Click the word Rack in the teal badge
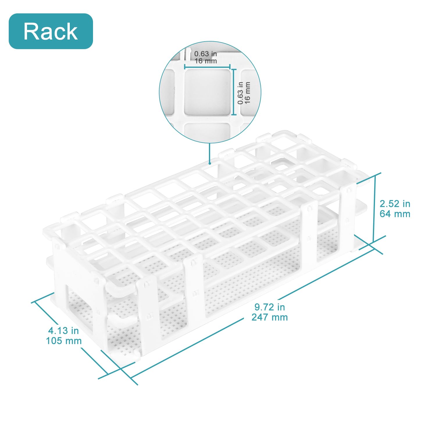point(51,31)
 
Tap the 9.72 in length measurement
point(269,307)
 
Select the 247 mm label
point(269,317)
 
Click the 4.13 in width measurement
point(63,330)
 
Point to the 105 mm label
point(64,341)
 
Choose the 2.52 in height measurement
point(395,204)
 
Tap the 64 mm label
point(395,214)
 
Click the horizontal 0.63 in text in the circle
point(206,54)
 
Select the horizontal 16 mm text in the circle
point(206,61)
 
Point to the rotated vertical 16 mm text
point(247,92)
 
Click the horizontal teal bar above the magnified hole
point(207,67)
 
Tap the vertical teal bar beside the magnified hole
point(234,92)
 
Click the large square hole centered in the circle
point(207,92)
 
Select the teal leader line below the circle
point(209,153)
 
